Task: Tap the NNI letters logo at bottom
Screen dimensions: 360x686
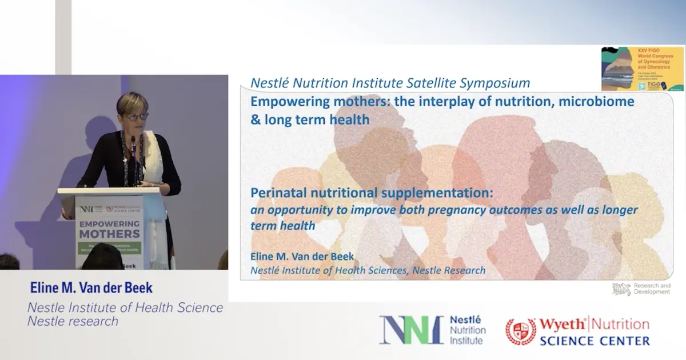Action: coord(411,330)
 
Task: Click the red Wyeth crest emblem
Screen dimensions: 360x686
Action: coord(520,331)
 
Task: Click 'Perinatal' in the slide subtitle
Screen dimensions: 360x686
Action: coord(277,193)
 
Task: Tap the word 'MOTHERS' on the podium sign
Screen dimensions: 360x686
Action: coord(109,234)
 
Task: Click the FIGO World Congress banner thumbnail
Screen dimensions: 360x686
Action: coord(642,69)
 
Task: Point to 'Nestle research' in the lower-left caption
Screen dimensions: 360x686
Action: coord(73,321)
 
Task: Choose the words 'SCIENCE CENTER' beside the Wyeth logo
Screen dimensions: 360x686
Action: coord(594,341)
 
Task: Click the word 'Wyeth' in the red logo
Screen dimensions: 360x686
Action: coord(563,324)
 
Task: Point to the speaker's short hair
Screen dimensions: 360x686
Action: coord(133,101)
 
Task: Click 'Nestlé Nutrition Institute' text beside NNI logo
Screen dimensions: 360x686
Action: coord(468,330)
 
